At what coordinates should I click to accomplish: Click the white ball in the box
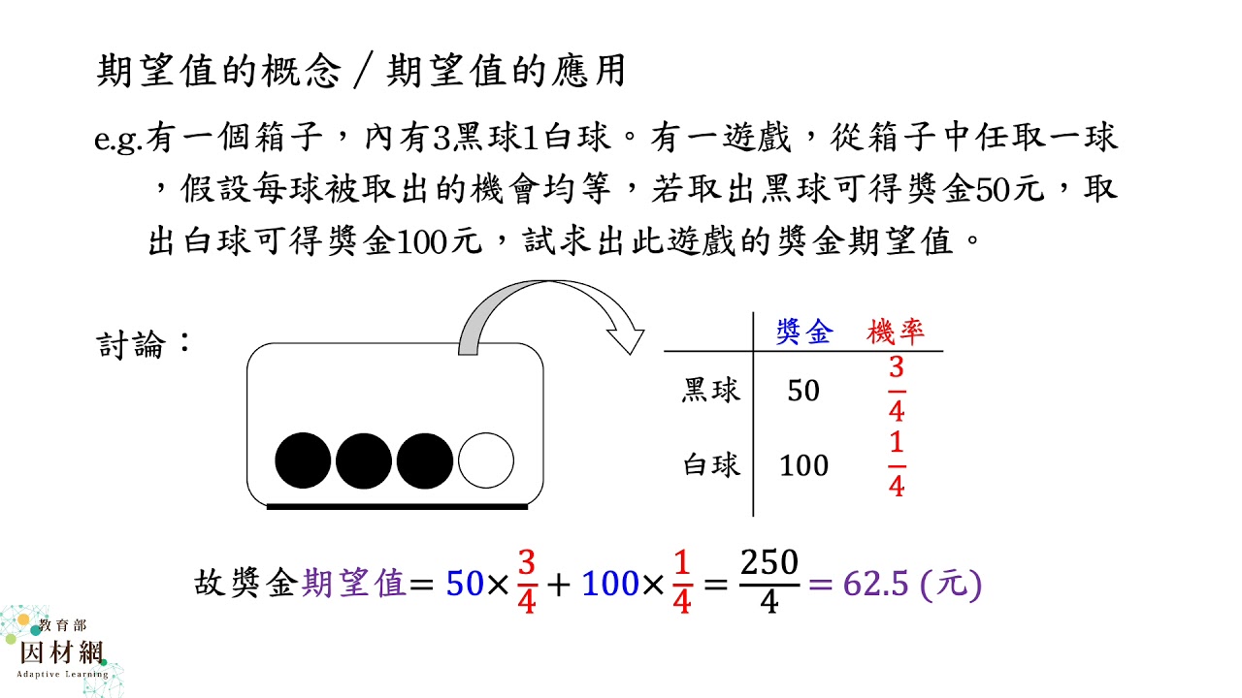point(486,460)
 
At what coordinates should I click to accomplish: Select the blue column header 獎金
point(804,333)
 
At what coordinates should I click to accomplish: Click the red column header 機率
point(896,333)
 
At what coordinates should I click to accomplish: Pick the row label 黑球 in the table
point(711,390)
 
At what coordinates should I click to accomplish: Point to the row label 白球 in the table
point(711,464)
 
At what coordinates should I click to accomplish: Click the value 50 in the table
point(803,391)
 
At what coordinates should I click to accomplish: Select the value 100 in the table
point(804,465)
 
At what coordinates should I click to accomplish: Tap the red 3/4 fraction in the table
point(897,390)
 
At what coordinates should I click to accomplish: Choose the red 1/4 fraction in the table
point(897,464)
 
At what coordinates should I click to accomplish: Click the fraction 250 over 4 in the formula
point(769,582)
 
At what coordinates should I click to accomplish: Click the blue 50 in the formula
point(465,584)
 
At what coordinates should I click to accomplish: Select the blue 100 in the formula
point(610,584)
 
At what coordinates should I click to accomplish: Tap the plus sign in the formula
point(558,585)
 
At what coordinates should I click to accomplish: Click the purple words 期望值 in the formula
point(354,584)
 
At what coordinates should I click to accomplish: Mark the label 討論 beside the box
point(131,344)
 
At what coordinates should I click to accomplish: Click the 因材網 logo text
point(62,652)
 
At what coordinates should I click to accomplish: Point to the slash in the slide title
point(363,71)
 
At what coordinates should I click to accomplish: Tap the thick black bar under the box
point(397,506)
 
